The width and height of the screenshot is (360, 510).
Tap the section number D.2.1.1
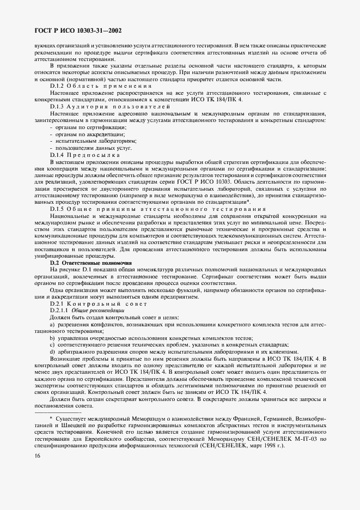click(60, 309)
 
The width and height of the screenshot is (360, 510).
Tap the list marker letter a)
click(52, 325)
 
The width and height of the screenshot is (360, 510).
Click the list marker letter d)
click(52, 352)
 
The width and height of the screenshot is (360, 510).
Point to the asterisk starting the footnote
click(51, 417)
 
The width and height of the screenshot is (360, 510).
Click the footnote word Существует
click(70, 417)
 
